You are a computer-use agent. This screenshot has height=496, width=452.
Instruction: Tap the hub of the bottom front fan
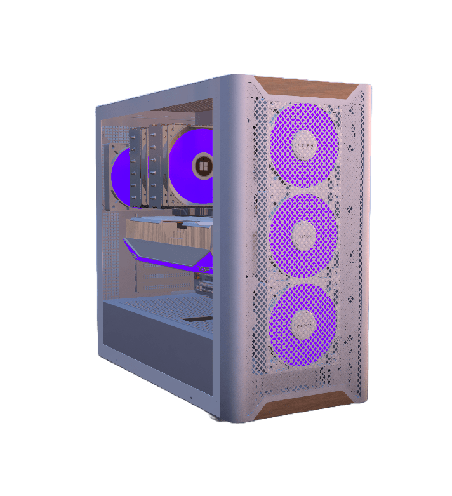(x=303, y=324)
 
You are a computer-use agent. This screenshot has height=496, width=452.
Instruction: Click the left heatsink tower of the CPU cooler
(x=137, y=168)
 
